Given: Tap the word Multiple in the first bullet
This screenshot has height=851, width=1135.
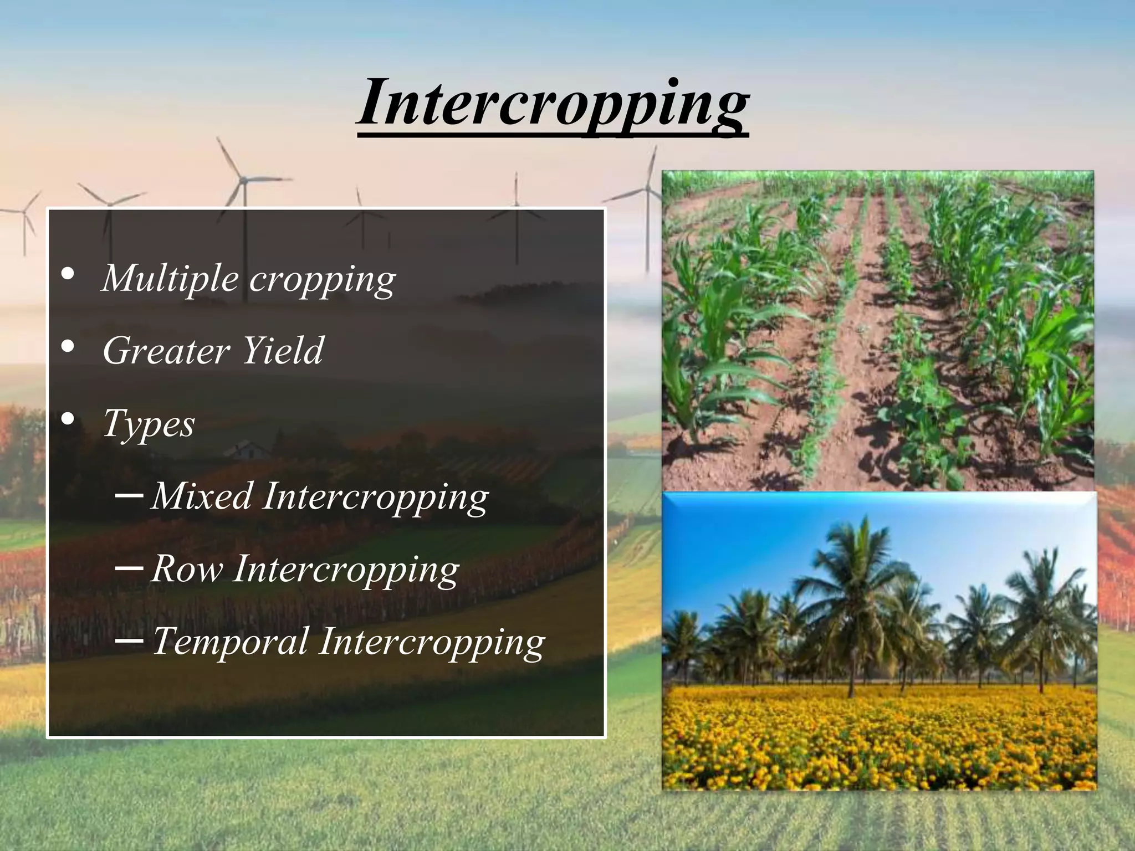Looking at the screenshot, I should tap(170, 278).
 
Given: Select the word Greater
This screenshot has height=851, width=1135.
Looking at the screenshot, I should tap(166, 351).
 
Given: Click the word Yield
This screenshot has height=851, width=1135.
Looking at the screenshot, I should tap(283, 351).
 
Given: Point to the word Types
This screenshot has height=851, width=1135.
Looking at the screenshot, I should tap(149, 424).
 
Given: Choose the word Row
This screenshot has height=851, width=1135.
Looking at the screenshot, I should tap(187, 569).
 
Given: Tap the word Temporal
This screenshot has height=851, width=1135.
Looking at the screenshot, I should tap(230, 642).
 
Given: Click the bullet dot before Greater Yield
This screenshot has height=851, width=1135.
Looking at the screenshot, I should tap(68, 347).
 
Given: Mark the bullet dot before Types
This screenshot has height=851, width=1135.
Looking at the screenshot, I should tap(68, 420).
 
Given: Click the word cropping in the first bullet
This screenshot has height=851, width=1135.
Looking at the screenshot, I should tap(322, 279).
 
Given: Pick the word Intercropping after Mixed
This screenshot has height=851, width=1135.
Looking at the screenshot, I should tap(376, 497).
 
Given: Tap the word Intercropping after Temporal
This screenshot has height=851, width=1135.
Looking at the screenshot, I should tap(432, 643).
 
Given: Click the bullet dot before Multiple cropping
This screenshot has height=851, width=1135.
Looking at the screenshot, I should tap(68, 274).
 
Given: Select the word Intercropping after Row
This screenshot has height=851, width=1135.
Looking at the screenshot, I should tap(346, 570).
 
